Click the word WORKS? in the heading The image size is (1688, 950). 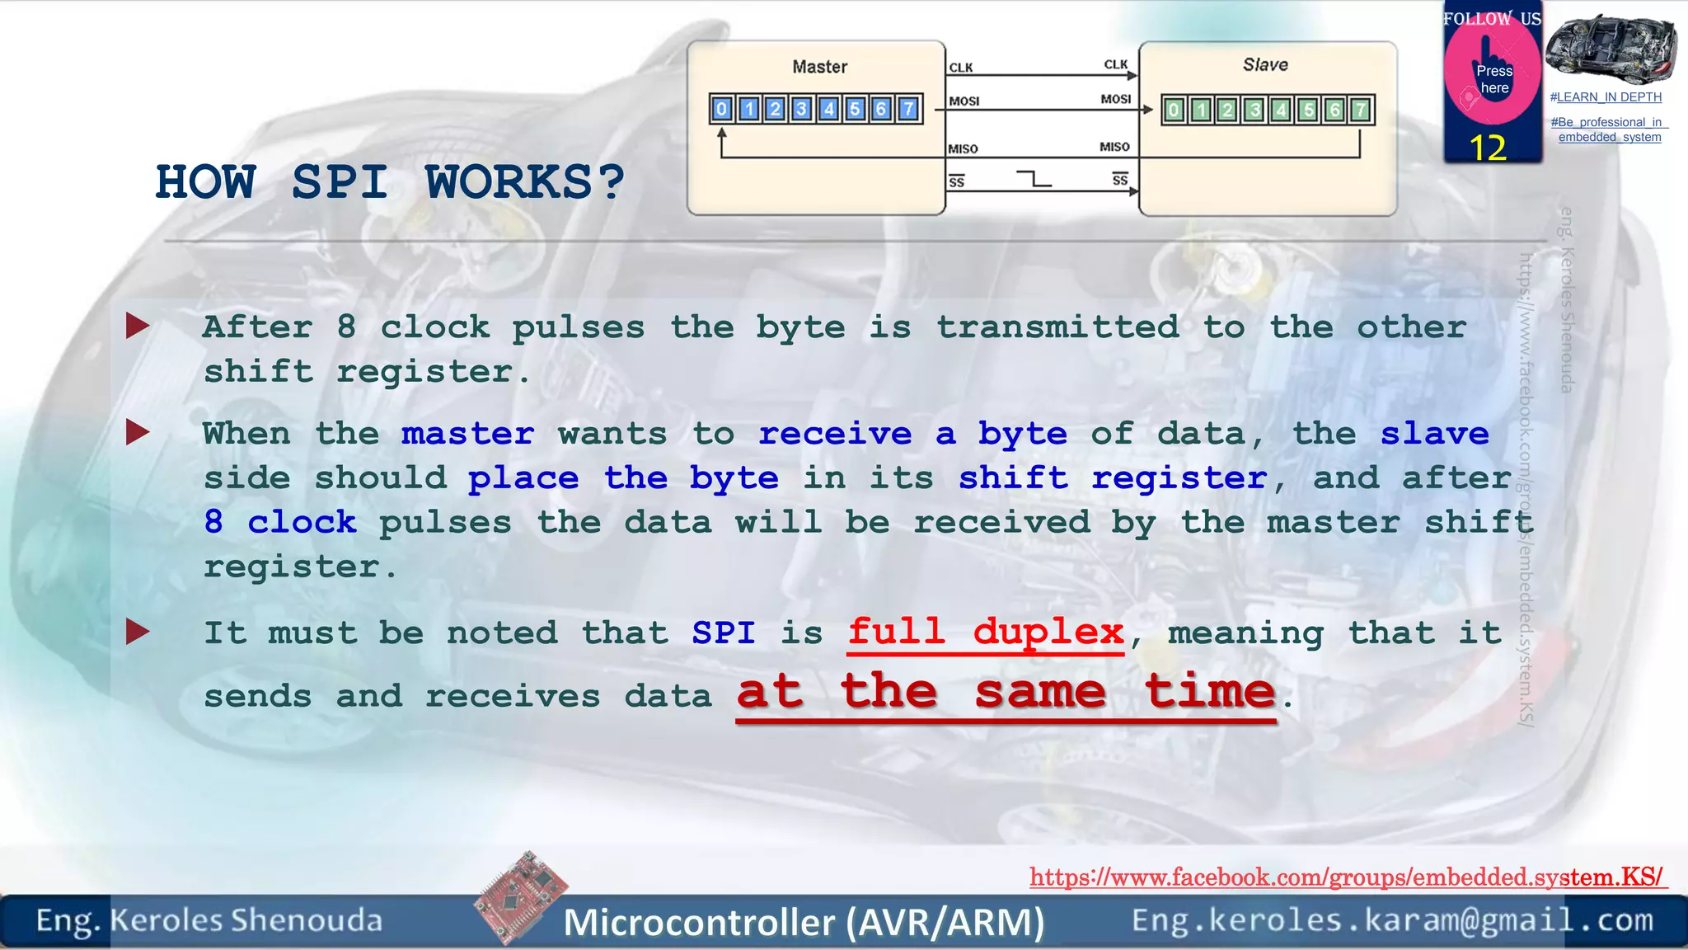[x=524, y=182]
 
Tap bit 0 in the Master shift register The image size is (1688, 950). [x=722, y=109]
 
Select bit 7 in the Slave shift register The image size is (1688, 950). [x=1361, y=110]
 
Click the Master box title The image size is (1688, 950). [x=819, y=67]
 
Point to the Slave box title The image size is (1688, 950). [x=1265, y=64]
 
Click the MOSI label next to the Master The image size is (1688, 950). [x=964, y=101]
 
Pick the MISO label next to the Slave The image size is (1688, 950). [x=1114, y=147]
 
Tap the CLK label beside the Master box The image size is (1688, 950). [x=960, y=68]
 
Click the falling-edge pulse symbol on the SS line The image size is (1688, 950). [x=1034, y=178]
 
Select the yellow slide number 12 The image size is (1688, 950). [x=1488, y=148]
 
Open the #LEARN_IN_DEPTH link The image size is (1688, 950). [x=1606, y=97]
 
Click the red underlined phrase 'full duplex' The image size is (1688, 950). [x=986, y=633]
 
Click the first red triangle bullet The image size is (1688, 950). [x=137, y=327]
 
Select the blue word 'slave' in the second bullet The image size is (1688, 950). [x=1434, y=434]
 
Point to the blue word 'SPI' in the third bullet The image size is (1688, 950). [x=723, y=633]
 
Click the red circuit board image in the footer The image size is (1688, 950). [x=521, y=897]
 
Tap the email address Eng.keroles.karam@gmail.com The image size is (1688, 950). [x=1392, y=919]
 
